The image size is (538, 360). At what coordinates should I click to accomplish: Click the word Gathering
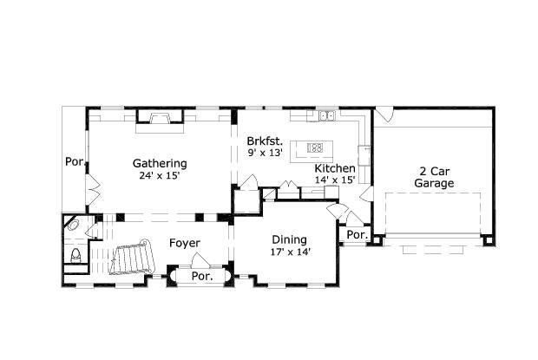(x=159, y=163)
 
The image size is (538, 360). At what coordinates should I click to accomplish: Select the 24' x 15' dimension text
(x=159, y=176)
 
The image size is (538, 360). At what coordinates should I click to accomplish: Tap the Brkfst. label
(x=263, y=141)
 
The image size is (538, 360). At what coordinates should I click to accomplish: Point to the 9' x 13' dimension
(x=266, y=153)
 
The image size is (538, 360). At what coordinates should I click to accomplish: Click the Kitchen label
(x=334, y=168)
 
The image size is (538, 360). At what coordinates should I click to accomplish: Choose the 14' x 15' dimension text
(x=334, y=180)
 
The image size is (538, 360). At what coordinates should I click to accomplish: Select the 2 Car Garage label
(x=434, y=176)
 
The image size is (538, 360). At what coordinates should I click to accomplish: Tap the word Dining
(x=289, y=239)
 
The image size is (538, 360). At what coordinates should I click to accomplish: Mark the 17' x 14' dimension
(x=290, y=252)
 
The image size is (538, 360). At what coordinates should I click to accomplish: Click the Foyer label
(x=185, y=243)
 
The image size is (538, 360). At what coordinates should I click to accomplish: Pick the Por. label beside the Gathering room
(x=74, y=161)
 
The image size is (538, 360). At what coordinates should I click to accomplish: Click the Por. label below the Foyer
(x=201, y=277)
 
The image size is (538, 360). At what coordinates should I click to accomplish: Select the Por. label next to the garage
(x=356, y=235)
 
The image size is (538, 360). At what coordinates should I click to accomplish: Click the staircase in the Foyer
(x=133, y=259)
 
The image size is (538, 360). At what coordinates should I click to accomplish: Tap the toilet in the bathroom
(x=75, y=255)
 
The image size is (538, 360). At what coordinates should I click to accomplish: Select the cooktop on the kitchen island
(x=316, y=147)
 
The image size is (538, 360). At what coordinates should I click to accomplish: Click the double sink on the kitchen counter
(x=326, y=115)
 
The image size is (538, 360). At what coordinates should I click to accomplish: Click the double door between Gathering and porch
(x=89, y=186)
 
